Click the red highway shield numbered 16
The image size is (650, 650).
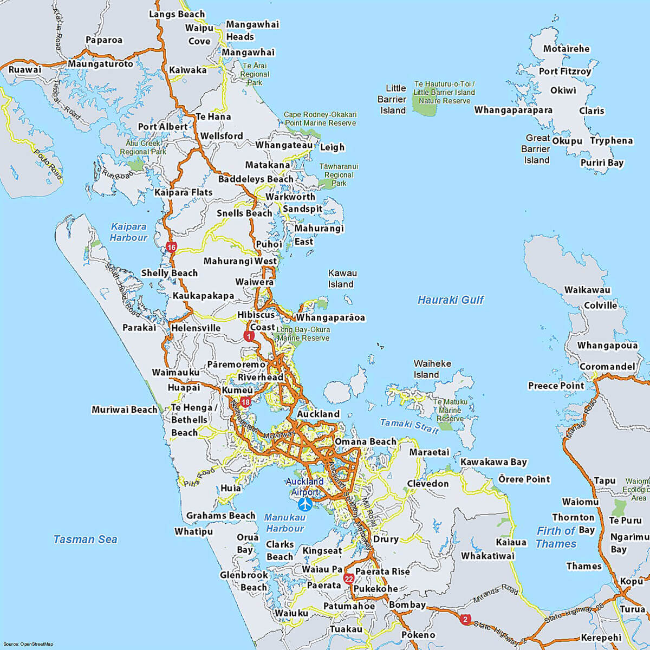coord(172,248)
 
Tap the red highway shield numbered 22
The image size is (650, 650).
coord(349,578)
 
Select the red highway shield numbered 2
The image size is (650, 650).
coord(465,620)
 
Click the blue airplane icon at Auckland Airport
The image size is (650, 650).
coord(305,504)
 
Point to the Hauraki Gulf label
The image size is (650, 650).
coord(450,300)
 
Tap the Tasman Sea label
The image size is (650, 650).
coord(85,539)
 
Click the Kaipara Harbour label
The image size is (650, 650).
coord(128,232)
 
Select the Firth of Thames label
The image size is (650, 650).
coord(556,537)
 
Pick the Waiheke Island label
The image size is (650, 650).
coord(432,369)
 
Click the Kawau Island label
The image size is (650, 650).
coord(342,278)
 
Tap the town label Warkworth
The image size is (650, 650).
coord(290,197)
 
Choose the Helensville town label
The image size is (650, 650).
coord(196,328)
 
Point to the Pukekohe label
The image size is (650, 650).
coord(375,589)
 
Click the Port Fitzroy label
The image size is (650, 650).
coord(564,71)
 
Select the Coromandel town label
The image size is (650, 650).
coord(607,367)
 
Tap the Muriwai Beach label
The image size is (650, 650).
coord(124,409)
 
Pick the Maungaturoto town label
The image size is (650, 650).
coord(100,64)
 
